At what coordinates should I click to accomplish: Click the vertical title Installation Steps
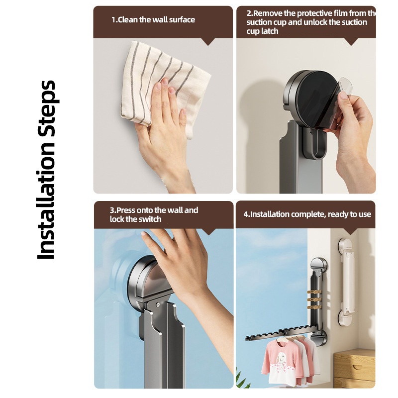click(46, 170)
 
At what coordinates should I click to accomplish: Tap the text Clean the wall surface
click(157, 20)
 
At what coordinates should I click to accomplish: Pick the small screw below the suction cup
click(158, 304)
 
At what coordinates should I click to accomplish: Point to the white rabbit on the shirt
click(282, 358)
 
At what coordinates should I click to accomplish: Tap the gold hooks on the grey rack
click(314, 300)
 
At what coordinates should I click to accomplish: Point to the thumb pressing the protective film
click(343, 96)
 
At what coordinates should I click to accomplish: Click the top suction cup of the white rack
click(346, 245)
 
